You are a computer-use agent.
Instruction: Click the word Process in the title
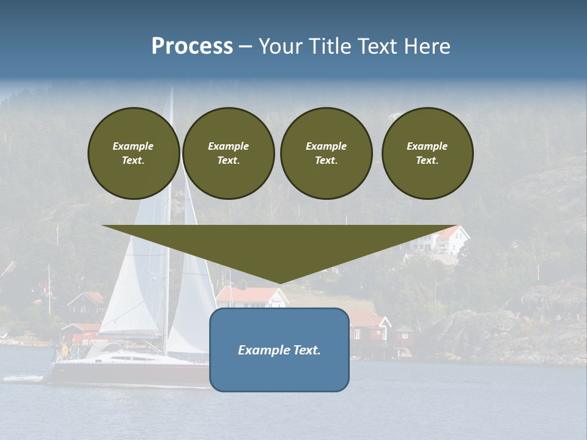click(192, 46)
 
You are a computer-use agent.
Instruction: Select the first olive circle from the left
click(133, 153)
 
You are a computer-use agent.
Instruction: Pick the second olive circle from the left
click(228, 153)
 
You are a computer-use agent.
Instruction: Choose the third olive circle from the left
click(326, 153)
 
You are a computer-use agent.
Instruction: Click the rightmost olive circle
click(427, 153)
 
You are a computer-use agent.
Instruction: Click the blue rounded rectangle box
click(279, 367)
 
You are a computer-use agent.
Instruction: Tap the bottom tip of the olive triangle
click(279, 282)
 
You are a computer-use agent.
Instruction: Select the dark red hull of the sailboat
click(122, 374)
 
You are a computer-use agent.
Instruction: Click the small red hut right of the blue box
click(404, 334)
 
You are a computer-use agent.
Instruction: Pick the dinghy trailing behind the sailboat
click(23, 379)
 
